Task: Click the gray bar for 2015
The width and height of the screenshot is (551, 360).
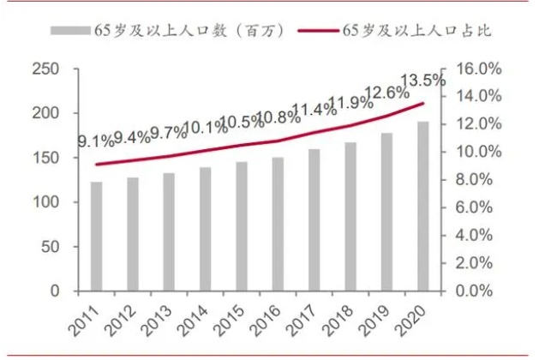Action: coord(242,226)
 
